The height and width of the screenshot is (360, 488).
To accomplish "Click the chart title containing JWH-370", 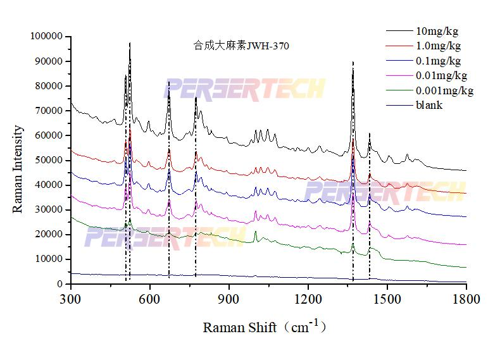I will pos(242,46).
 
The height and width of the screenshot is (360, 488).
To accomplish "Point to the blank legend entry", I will pos(429,105).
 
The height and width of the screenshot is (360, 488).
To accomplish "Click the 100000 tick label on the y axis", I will pos(46,37).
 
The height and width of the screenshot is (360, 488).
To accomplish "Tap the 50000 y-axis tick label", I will pos(48,161).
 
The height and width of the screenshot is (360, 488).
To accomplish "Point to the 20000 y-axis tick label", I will pos(48,235).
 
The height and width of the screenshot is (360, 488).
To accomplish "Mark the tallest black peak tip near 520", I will pos(130,44).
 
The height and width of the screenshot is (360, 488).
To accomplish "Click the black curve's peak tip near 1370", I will pos(353,63).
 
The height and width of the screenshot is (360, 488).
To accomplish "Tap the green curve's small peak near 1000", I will pos(255,232).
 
